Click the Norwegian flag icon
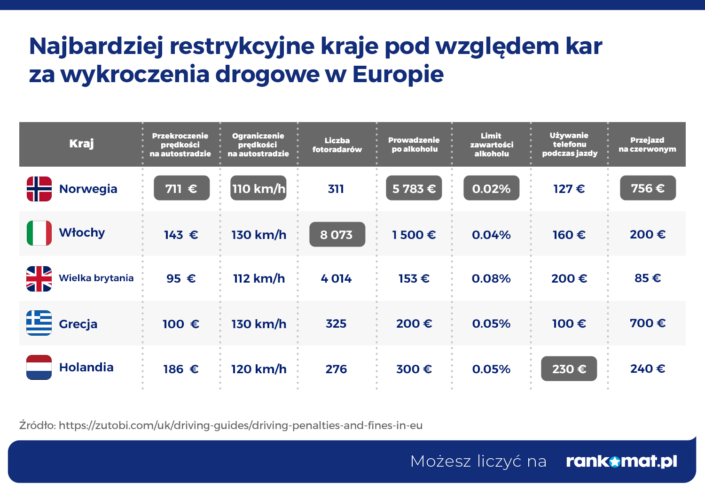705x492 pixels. tap(39, 189)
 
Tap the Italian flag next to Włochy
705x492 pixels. tap(39, 233)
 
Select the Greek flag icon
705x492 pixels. tap(39, 323)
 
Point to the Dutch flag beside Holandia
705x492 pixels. tap(39, 367)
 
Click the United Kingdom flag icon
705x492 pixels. tap(39, 278)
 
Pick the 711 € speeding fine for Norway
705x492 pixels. tap(181, 188)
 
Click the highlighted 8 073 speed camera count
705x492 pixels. tap(337, 234)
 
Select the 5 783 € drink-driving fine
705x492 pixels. tap(414, 188)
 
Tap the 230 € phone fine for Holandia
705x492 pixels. tap(569, 369)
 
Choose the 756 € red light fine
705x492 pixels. tap(648, 188)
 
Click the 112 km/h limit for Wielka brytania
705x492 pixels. tap(258, 278)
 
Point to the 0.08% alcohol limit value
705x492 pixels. tap(491, 278)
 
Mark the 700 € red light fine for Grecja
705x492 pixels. tap(648, 323)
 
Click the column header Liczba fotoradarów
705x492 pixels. tap(337, 145)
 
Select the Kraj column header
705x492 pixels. tap(81, 144)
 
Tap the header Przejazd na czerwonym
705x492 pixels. tap(647, 145)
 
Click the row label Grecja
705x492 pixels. tap(78, 324)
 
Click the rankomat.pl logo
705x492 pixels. tap(621, 461)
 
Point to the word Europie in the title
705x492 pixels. tap(398, 74)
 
